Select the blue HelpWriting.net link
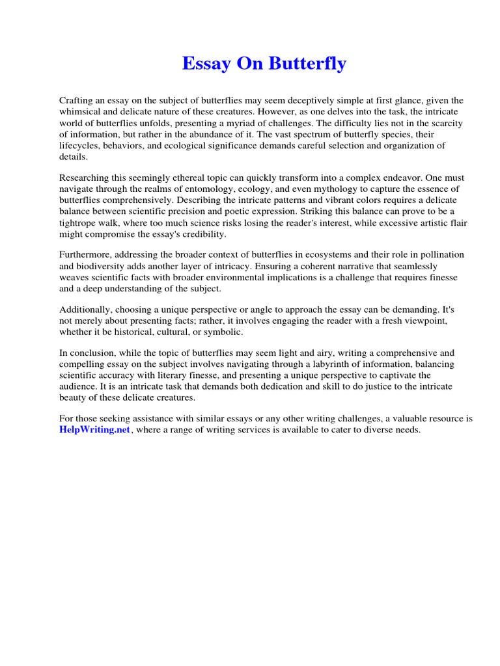tap(95, 430)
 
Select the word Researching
tap(85, 178)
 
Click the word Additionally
tap(85, 311)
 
